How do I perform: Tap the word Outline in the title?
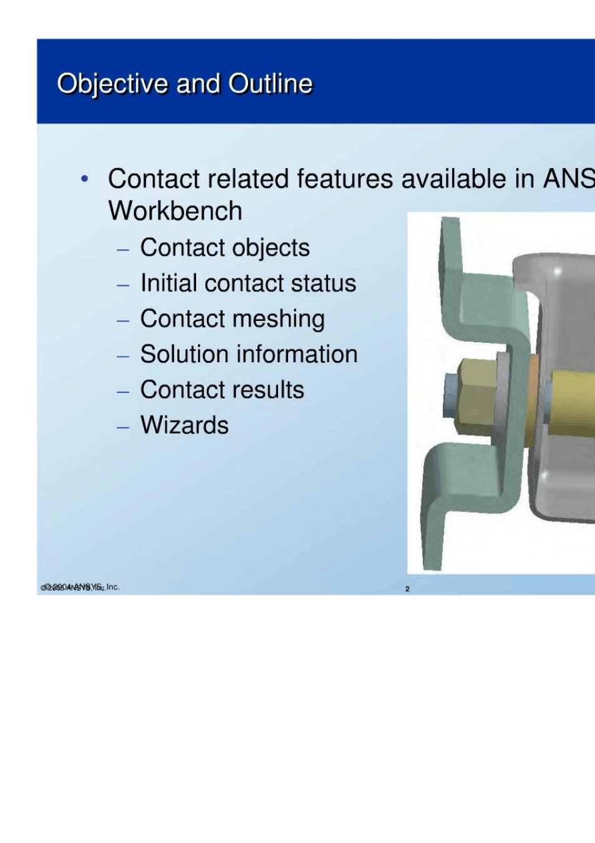click(x=270, y=84)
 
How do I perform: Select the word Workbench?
click(x=175, y=211)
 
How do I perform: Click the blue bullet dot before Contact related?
click(x=85, y=179)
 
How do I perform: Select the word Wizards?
click(x=185, y=425)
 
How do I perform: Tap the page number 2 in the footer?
click(x=407, y=589)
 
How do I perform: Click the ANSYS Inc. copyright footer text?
click(x=80, y=587)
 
